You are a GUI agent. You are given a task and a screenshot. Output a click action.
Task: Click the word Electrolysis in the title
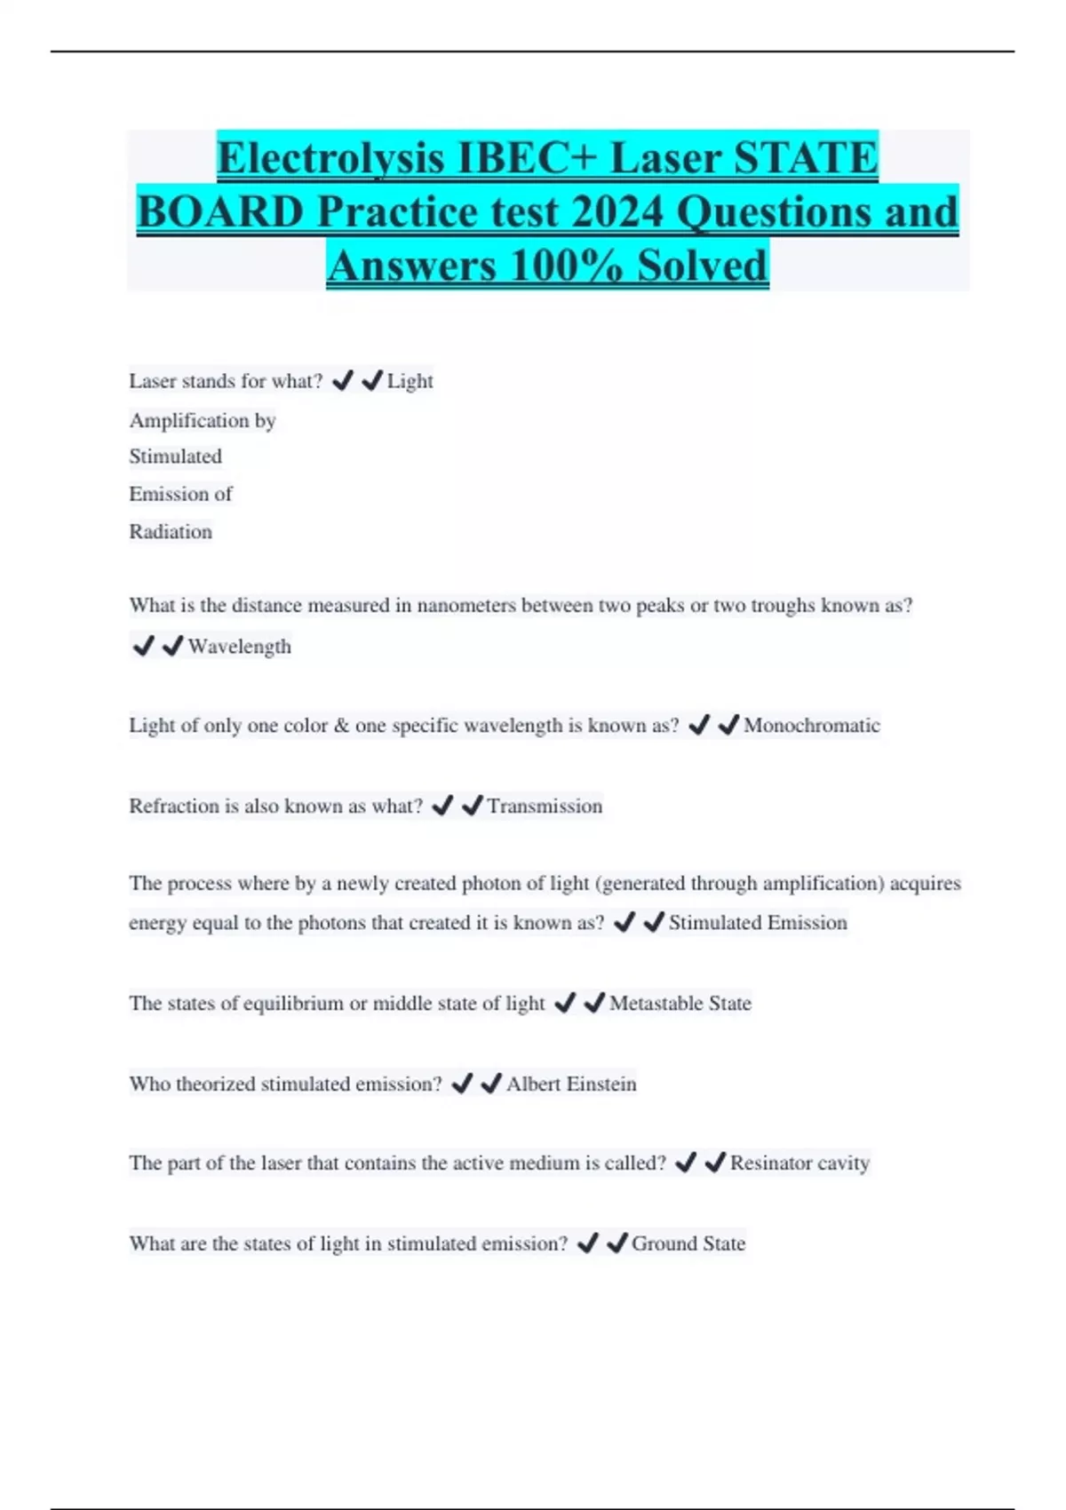(330, 158)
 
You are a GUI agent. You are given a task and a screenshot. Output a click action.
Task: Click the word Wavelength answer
(239, 647)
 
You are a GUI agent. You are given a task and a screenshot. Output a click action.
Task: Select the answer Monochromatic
(811, 726)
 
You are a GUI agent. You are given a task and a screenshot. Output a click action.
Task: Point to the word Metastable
(656, 1004)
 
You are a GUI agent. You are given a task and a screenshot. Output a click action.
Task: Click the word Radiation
(171, 532)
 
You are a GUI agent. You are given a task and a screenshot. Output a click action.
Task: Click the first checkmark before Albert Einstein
(462, 1084)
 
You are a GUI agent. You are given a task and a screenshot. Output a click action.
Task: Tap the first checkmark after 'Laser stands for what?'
(342, 381)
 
